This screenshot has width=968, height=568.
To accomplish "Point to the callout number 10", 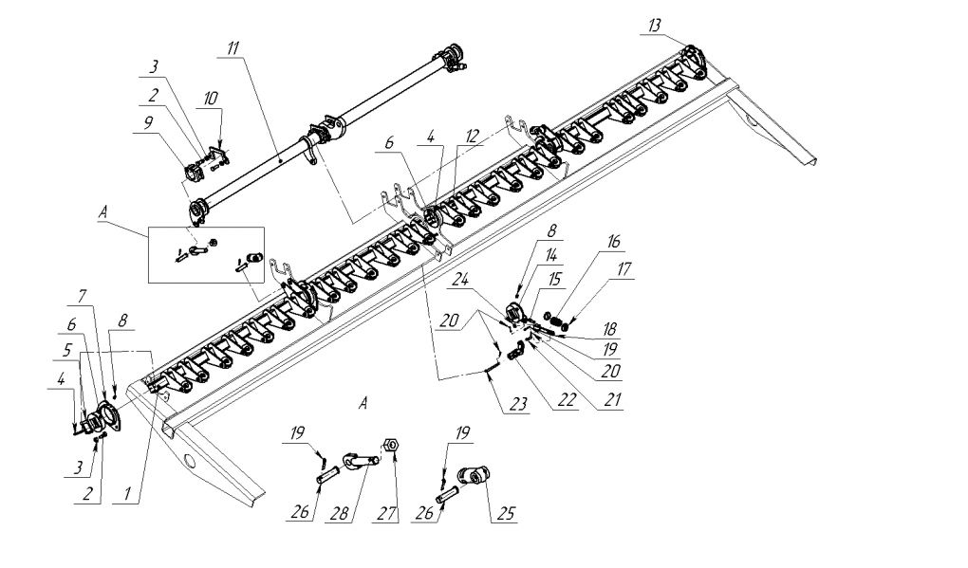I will (x=211, y=98).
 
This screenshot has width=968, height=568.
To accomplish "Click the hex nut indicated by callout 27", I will (x=390, y=444).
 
